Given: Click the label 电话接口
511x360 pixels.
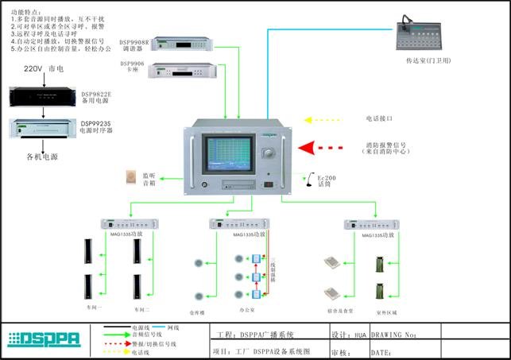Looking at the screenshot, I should point(380,118).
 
